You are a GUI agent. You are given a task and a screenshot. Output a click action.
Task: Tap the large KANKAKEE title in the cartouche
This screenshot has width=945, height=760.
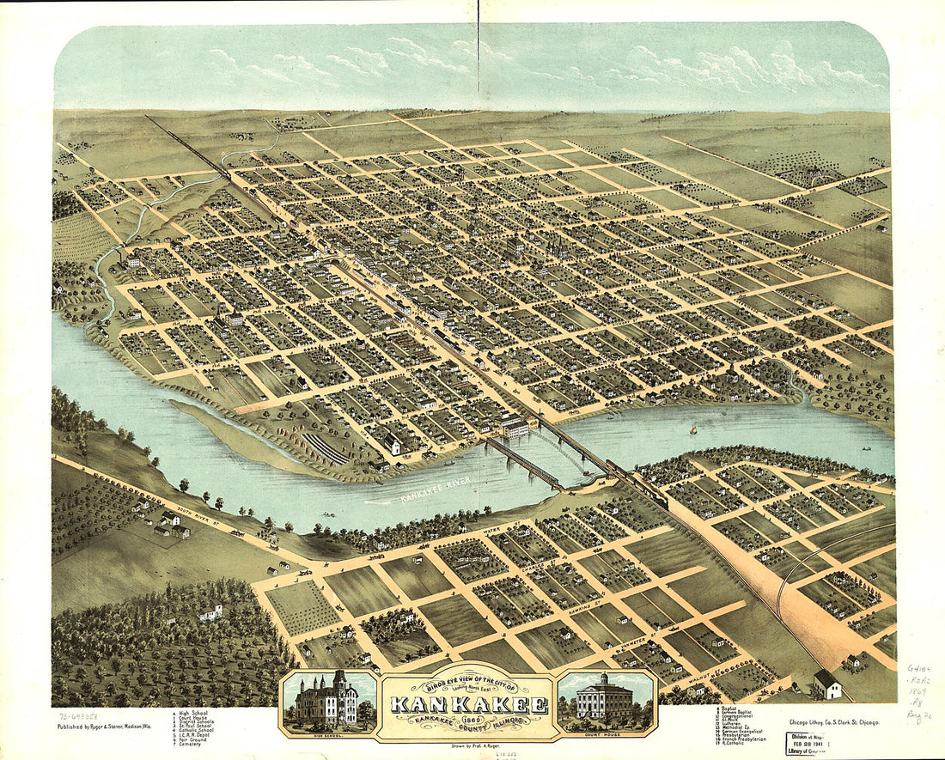(468, 705)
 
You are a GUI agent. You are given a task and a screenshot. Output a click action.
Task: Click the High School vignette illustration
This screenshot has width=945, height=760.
(327, 700)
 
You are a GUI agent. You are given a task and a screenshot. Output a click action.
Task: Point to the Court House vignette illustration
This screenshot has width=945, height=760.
(607, 700)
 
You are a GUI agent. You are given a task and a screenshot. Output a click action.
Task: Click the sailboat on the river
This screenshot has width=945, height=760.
(692, 429)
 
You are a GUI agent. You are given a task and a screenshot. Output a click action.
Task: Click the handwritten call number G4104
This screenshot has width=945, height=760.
(919, 667)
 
